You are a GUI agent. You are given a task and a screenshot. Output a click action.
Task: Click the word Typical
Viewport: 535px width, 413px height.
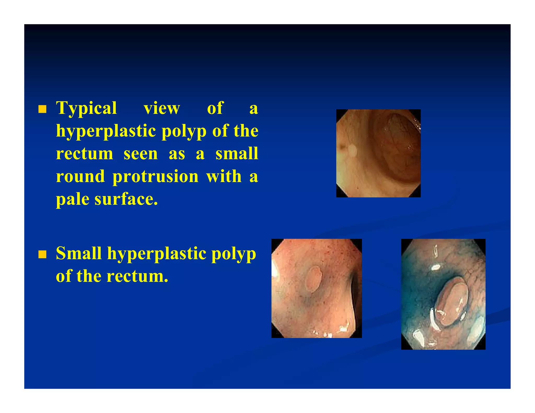(86, 108)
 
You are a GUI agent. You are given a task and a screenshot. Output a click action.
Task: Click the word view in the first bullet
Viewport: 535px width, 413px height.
(162, 108)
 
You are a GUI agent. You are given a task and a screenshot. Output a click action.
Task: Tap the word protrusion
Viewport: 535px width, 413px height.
(155, 177)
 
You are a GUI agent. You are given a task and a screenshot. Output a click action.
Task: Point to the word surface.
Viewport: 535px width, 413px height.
(126, 199)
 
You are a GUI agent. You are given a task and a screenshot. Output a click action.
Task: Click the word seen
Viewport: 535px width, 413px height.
(141, 154)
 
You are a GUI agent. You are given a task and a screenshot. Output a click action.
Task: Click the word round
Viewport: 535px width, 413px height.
(80, 177)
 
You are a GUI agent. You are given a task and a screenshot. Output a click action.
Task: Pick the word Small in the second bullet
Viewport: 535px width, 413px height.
(79, 253)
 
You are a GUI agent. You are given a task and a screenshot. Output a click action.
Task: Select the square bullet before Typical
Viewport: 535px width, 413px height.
(42, 109)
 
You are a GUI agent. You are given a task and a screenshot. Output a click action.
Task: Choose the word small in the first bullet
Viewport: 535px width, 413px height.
(237, 154)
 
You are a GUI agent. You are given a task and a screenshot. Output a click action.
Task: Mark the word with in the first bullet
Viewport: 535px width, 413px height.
(224, 177)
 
